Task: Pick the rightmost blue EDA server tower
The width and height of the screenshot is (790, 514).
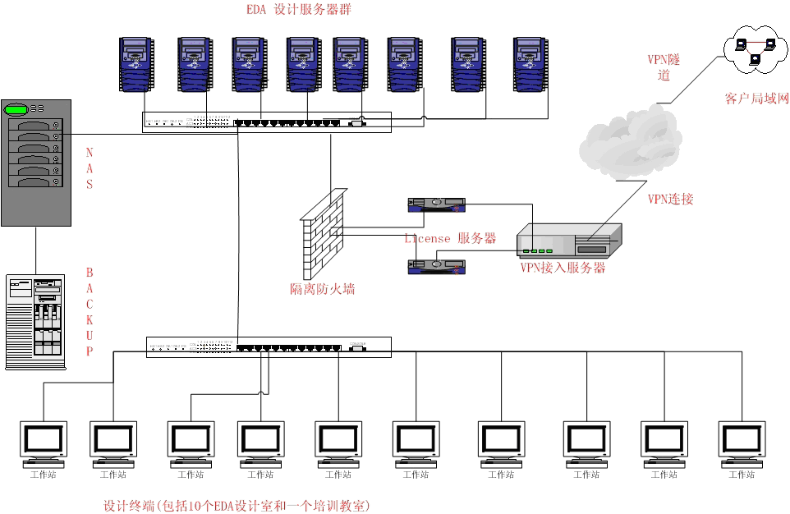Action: point(529,64)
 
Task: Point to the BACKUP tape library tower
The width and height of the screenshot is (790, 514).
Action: point(35,321)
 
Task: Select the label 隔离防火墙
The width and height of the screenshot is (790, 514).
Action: point(323,289)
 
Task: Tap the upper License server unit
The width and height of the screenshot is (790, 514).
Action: point(436,204)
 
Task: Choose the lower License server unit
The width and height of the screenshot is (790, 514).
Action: point(436,265)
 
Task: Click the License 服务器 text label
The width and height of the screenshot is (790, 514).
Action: point(450,238)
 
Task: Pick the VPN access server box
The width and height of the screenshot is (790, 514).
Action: point(568,243)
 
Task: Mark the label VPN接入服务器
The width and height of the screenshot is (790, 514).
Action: point(563,268)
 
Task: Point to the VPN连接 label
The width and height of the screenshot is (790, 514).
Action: point(670,199)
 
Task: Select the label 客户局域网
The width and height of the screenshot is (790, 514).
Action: point(756,99)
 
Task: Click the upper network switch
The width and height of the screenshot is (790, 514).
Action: point(267,122)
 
